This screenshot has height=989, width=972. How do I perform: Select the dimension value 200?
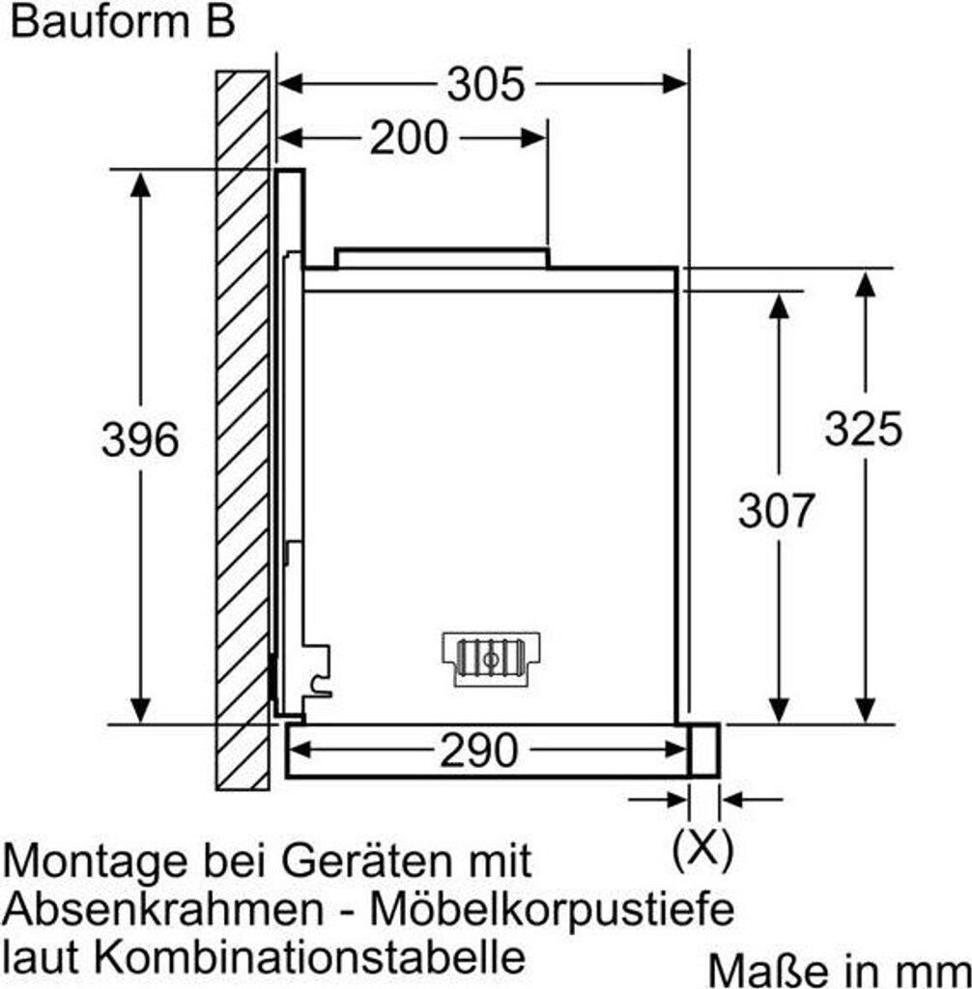click(409, 138)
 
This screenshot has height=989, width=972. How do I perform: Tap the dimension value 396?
click(140, 440)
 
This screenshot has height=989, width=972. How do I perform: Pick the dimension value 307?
click(777, 510)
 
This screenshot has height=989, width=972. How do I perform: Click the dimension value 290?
click(479, 750)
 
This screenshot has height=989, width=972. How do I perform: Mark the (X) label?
click(702, 850)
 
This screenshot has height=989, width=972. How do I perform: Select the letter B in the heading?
click(220, 23)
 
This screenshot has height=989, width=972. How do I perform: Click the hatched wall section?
click(243, 425)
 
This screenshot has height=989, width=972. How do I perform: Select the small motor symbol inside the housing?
click(491, 659)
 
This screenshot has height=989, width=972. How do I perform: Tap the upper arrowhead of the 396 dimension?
click(141, 184)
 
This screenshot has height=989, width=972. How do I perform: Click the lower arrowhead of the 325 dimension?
click(866, 710)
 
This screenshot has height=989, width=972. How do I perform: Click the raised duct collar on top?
click(442, 257)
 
